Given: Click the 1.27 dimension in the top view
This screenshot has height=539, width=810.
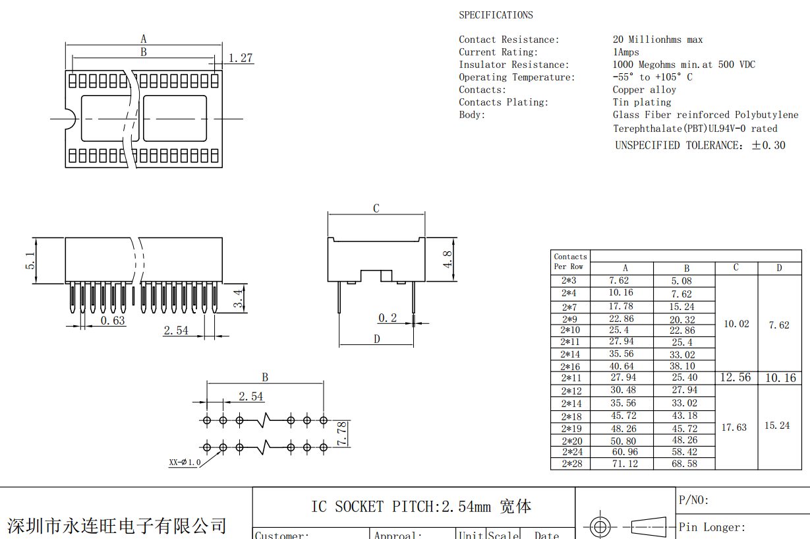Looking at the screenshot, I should coord(241,58).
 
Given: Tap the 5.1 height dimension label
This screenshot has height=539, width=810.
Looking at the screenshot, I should coord(30,261).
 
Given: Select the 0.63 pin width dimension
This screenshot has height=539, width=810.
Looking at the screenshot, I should coord(113,321).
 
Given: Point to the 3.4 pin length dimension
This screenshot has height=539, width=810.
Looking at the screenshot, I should coord(239,300).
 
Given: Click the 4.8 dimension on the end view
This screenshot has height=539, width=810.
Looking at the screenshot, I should coord(448,259).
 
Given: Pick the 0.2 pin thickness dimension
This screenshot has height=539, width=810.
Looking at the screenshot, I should coord(388,318).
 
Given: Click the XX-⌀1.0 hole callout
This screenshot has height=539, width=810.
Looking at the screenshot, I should coord(185,462).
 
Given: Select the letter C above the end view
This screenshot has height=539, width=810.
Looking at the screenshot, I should coord(376,208).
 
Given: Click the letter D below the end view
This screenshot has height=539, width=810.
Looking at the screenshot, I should coord(377,339).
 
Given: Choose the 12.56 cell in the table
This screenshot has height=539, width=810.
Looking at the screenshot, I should coord(736,377).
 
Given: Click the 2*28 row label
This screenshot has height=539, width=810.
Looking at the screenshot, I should coord(571,464).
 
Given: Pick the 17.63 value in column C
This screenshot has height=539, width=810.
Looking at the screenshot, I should coord(734,428).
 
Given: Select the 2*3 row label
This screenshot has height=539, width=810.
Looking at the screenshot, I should coord(569,281).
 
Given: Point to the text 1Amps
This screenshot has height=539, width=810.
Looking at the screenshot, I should coord(625,52).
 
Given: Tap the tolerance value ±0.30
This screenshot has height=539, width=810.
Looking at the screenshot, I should coord(768,145).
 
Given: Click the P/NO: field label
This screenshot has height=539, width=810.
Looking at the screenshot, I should coord(694,500).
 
